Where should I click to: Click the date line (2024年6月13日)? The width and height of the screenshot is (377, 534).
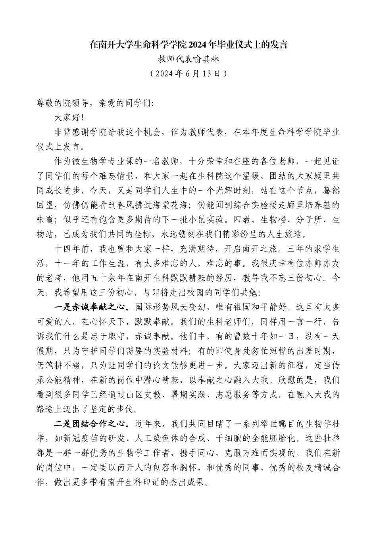pos(188,74)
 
